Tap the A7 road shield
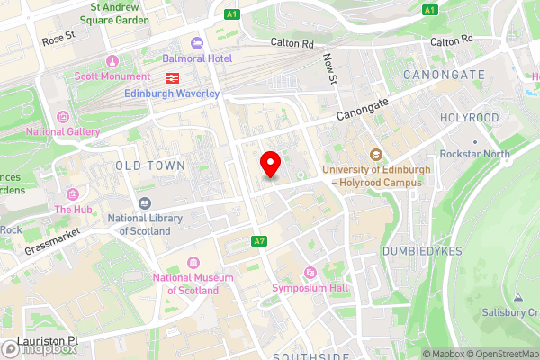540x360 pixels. [x=259, y=240]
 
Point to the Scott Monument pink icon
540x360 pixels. [x=112, y=61]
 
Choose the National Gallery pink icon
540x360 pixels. [x=62, y=116]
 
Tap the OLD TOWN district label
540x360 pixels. [x=150, y=166]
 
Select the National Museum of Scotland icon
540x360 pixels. [x=193, y=263]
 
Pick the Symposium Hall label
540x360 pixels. [x=310, y=288]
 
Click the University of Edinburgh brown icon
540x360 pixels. [x=375, y=155]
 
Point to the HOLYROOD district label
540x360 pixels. [x=469, y=118]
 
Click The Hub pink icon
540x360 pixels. [x=72, y=193]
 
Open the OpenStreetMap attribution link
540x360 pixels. [x=501, y=354]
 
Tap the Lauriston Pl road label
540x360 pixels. [x=48, y=342]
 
